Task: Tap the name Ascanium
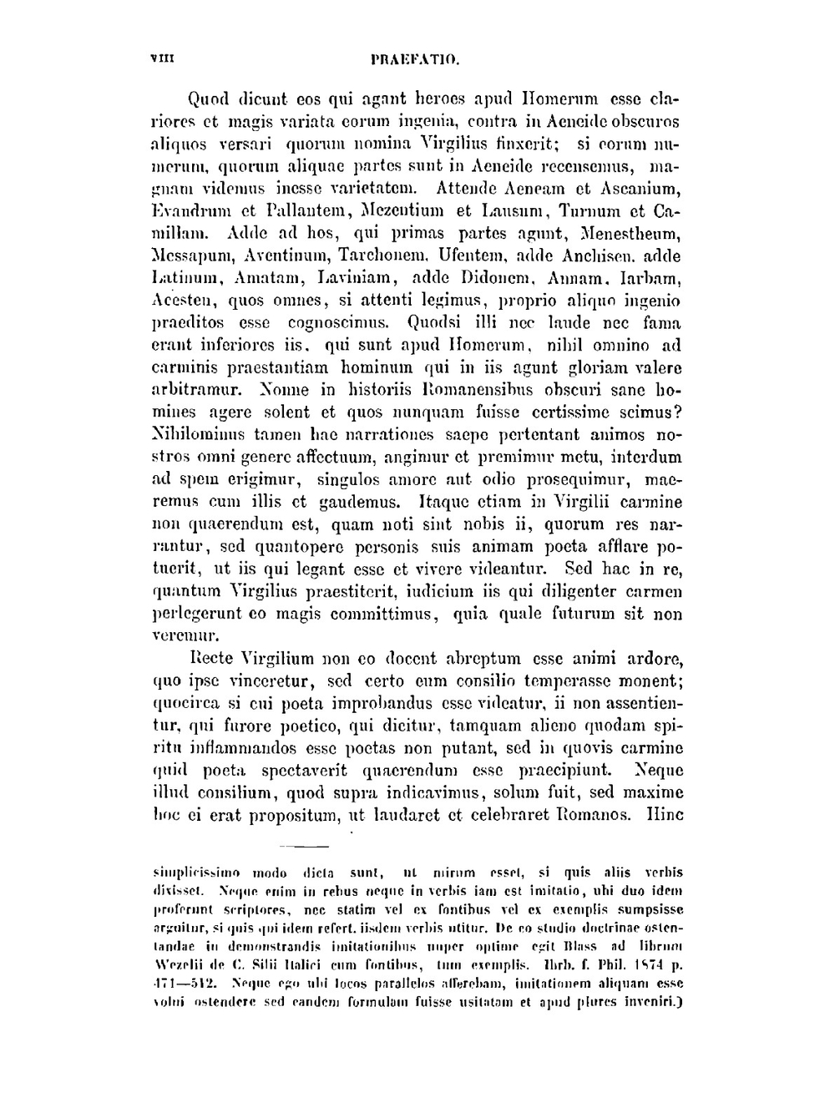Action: (638, 188)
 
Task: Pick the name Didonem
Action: (502, 278)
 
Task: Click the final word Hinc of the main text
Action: (665, 815)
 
